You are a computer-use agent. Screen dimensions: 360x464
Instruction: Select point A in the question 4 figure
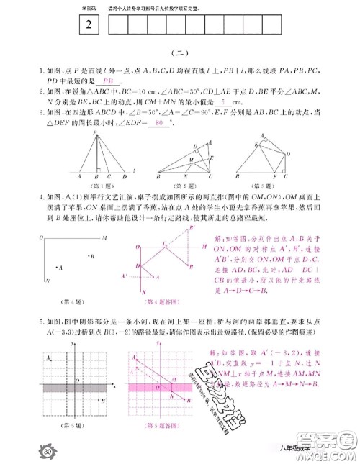58,268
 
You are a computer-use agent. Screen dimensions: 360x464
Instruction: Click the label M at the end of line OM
104,237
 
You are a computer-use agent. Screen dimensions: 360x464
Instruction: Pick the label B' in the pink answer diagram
192,228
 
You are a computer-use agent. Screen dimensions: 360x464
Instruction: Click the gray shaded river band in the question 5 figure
74,388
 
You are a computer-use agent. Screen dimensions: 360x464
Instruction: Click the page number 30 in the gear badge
27,451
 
